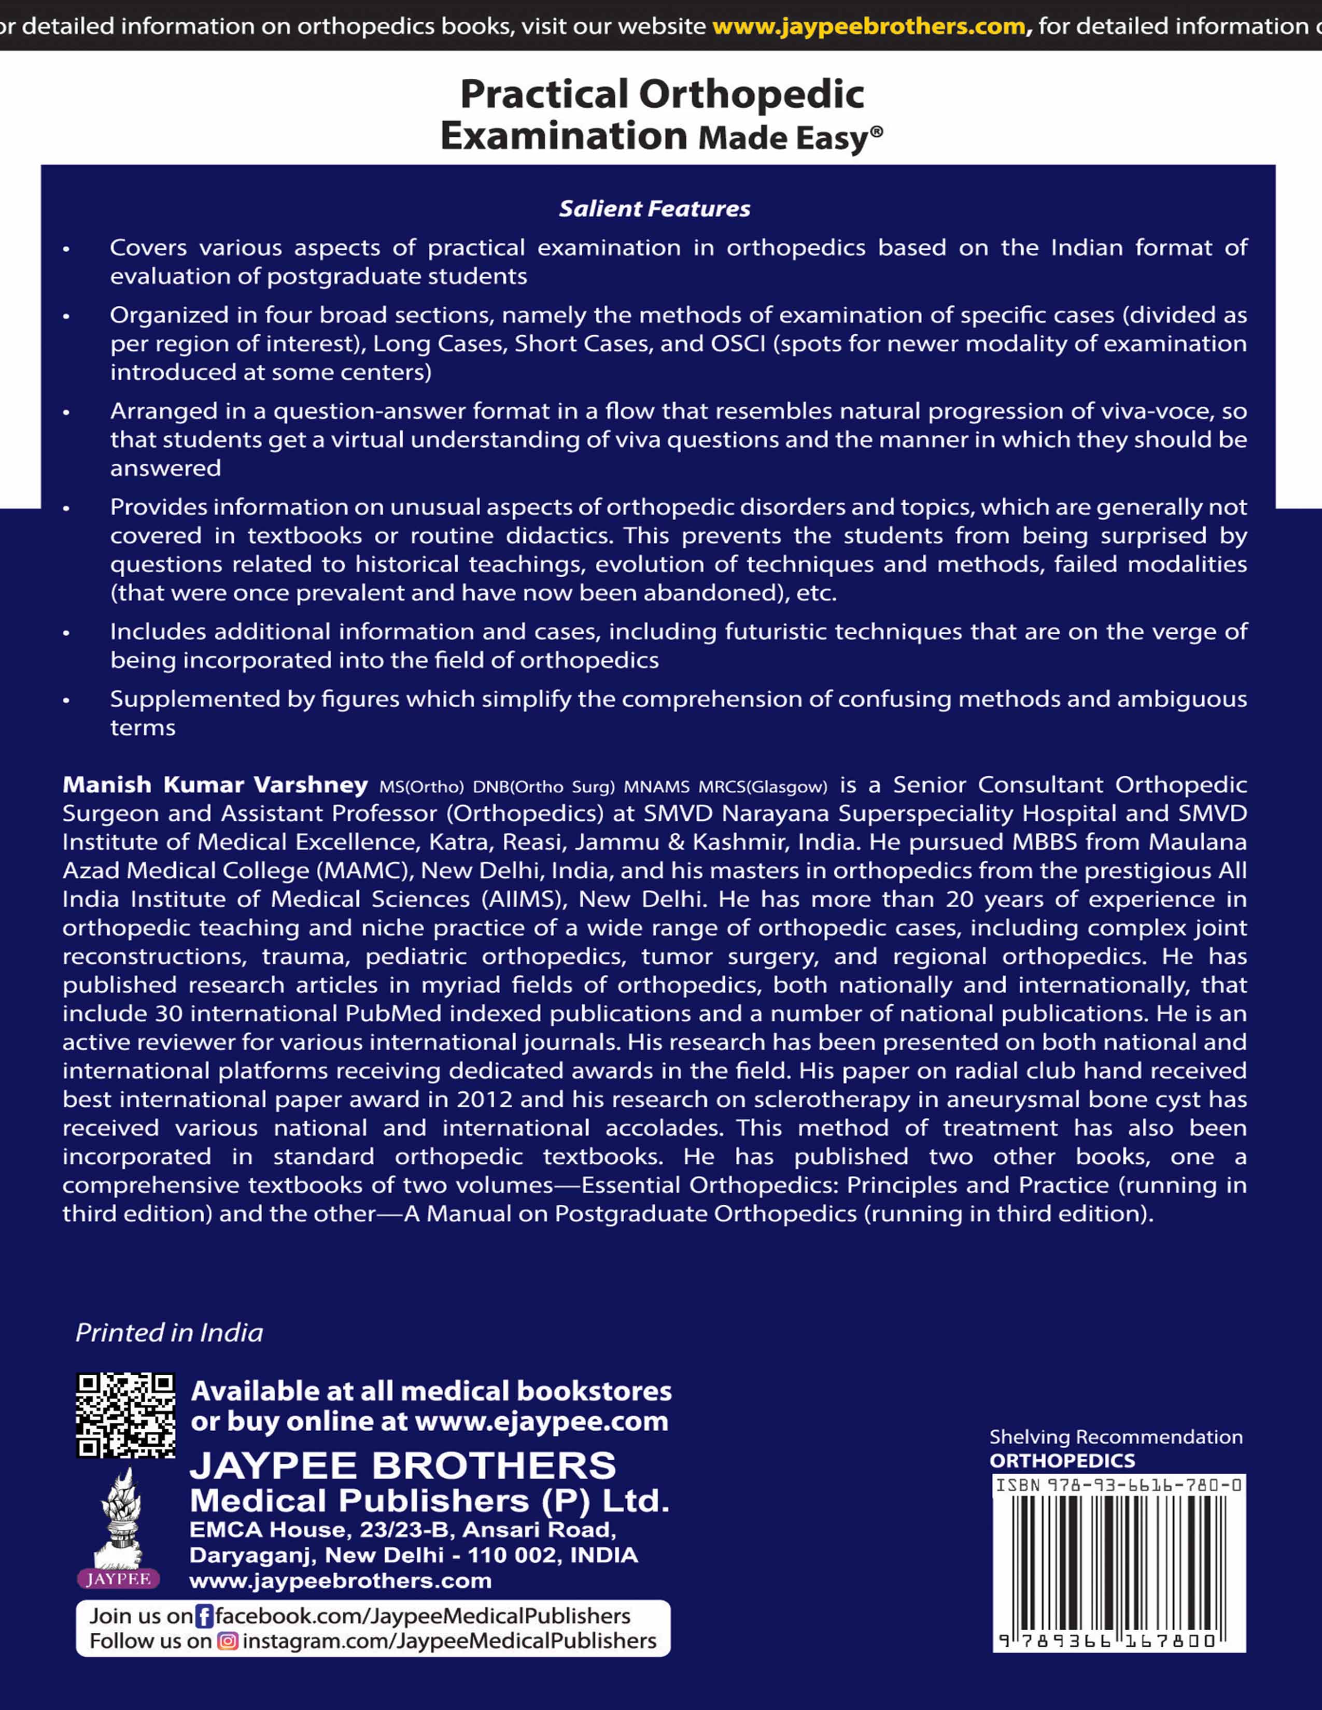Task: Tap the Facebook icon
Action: click(204, 1616)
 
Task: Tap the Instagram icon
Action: click(227, 1641)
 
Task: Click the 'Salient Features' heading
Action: click(654, 208)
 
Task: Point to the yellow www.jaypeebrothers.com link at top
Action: click(868, 26)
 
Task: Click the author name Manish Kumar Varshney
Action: click(215, 785)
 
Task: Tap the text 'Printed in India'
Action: click(169, 1333)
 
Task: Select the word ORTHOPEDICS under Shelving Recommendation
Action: click(1062, 1460)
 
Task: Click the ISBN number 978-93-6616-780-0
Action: click(1144, 1485)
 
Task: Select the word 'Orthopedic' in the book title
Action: click(751, 95)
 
